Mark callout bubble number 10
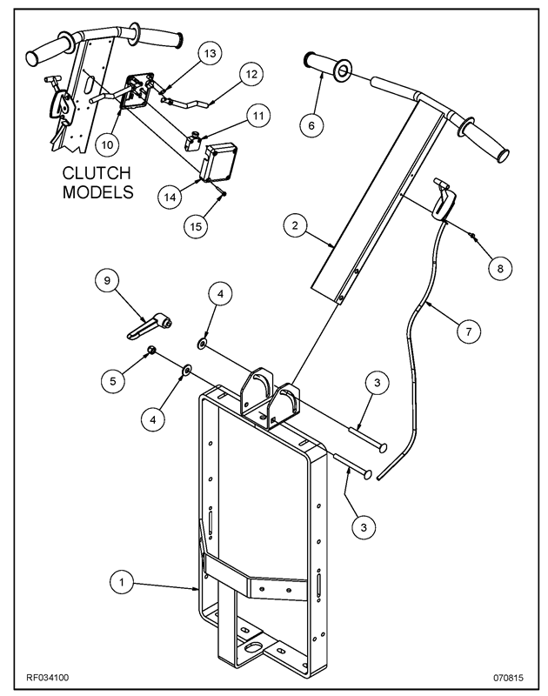coord(107,139)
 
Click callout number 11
coord(257,113)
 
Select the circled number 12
coord(249,75)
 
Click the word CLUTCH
coord(90,171)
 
